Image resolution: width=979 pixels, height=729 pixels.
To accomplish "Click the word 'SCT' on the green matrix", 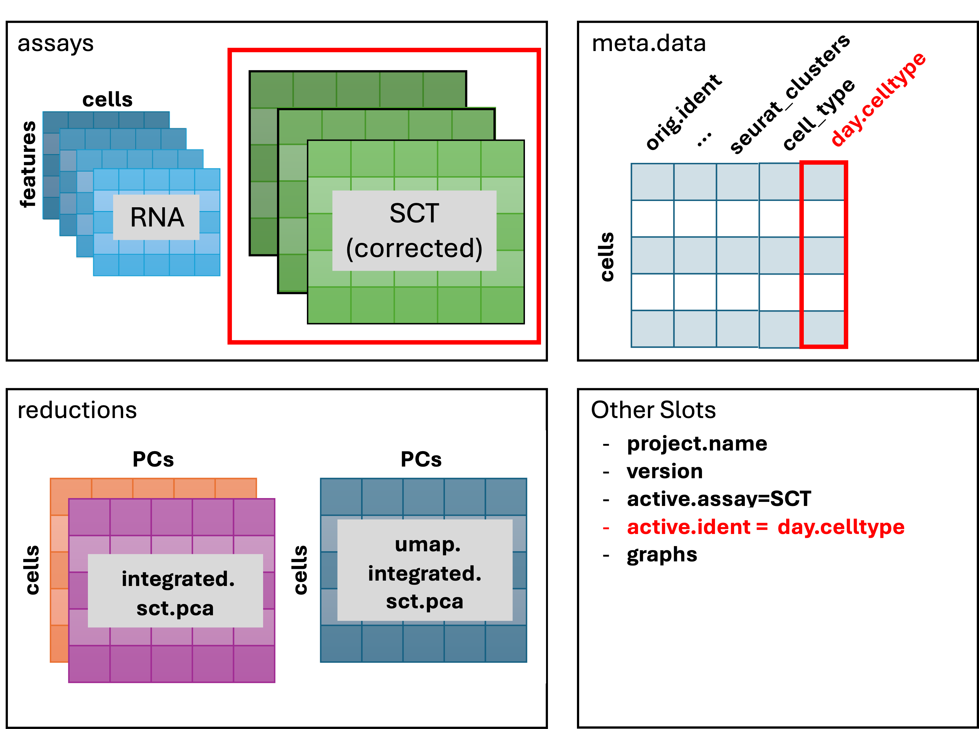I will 414,213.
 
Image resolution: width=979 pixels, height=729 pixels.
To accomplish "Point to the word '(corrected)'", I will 414,249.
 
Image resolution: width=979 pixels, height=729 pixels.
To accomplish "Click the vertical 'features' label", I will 29,164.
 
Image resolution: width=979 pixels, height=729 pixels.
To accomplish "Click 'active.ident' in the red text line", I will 688,527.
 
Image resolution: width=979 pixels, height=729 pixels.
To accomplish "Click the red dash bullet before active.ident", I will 606,527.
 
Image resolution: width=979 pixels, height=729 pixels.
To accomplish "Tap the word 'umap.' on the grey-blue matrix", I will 427,544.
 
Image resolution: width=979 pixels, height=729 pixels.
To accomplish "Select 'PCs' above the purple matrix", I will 153,459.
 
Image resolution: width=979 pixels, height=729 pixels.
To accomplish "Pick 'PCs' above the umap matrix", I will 421,459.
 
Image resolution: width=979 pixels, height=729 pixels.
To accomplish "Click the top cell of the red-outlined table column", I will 824,182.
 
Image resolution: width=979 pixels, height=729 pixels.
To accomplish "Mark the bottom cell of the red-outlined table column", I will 824,329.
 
